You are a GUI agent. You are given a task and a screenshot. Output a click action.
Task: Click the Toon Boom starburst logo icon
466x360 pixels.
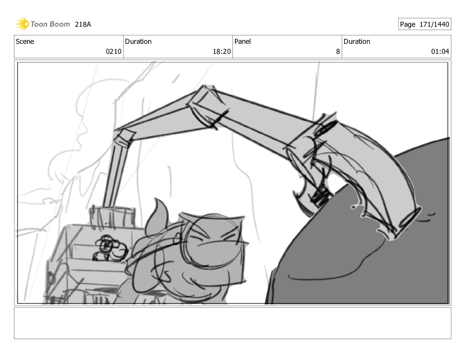[22, 24]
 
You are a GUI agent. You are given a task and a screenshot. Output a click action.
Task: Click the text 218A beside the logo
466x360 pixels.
[83, 24]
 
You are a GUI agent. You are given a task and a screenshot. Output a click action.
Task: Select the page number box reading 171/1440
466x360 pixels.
[425, 24]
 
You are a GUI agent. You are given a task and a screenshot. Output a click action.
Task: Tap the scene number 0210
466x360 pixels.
[114, 51]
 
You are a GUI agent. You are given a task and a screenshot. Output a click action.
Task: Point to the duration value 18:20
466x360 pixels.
[222, 51]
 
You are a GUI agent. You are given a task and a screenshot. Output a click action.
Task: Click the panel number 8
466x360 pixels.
[338, 52]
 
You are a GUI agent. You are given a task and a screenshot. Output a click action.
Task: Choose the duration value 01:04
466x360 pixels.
[440, 51]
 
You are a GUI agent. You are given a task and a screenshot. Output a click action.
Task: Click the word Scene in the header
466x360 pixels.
[25, 41]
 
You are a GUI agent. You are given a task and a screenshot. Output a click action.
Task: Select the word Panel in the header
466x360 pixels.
[242, 41]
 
